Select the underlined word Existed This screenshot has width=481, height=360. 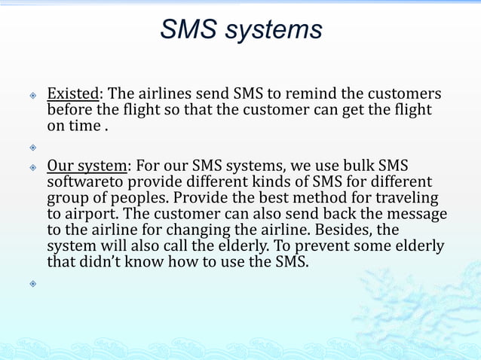(74, 95)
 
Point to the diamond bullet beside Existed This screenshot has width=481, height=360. (32, 96)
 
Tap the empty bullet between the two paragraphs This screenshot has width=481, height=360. (32, 147)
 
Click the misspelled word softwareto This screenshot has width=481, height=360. (84, 182)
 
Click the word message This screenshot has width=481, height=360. (418, 214)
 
